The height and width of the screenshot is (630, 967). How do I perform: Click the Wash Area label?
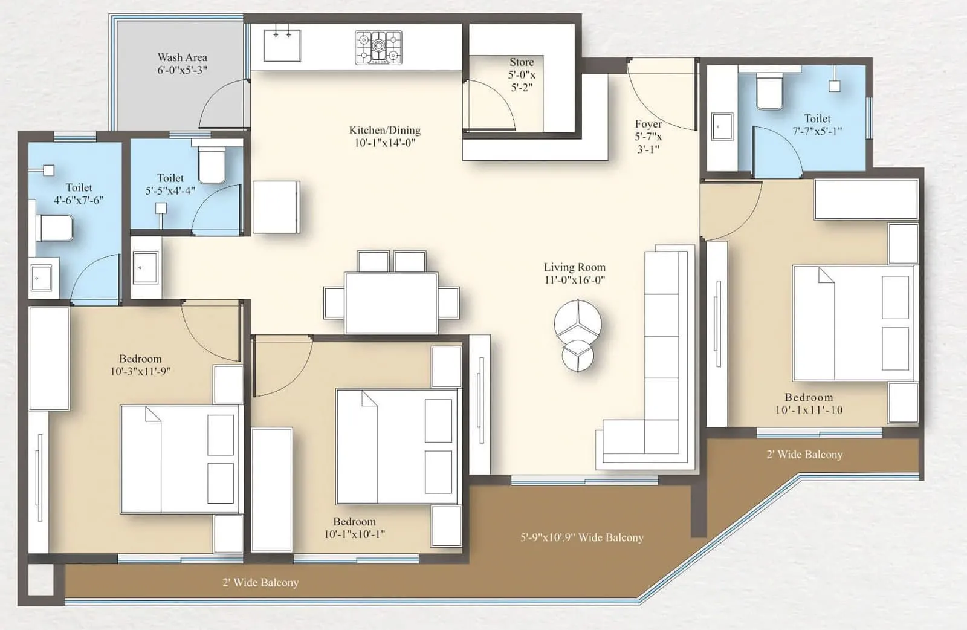tap(183, 57)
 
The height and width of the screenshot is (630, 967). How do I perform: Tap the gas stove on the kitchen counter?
tap(378, 48)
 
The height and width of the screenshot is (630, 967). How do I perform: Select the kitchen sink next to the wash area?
tap(282, 44)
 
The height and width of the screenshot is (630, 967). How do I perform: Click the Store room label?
tap(522, 62)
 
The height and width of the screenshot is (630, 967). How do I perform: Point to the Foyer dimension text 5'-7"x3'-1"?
tap(648, 143)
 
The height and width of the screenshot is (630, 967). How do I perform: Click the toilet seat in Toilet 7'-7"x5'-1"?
tap(769, 91)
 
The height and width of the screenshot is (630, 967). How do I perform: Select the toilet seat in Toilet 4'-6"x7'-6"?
tap(55, 229)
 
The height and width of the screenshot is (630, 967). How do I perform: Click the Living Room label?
tap(574, 267)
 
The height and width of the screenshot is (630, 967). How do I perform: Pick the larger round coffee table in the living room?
tap(578, 320)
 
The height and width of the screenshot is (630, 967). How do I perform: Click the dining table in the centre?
tap(391, 302)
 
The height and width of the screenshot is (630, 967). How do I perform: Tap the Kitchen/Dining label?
tap(385, 130)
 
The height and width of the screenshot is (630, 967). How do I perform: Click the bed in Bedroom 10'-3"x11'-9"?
tap(180, 460)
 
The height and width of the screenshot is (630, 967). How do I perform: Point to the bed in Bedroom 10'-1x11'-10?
tap(852, 323)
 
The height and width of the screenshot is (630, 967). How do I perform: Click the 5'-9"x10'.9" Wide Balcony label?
tap(582, 537)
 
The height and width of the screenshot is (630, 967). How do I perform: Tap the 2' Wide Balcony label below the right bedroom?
tap(804, 455)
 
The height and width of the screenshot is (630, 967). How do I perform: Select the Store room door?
tap(488, 106)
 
